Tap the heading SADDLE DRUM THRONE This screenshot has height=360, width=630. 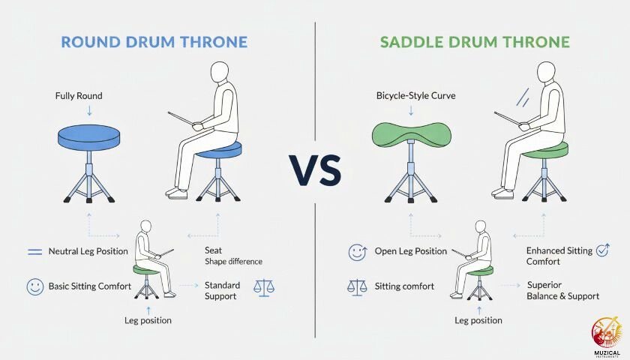point(475,41)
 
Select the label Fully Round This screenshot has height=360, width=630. point(79,97)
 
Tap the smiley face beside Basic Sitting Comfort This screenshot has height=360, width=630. point(34,286)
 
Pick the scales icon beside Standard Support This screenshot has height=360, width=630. point(264,286)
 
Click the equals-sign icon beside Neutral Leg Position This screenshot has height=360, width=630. point(34,252)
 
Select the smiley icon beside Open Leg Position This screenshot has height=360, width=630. point(358,252)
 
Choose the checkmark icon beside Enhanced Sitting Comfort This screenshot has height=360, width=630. point(601,250)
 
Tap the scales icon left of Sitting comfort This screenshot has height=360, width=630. point(357,286)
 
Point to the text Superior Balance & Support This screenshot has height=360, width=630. point(562,291)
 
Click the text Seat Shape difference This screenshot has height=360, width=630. point(233,256)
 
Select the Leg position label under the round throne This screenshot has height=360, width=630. point(148,321)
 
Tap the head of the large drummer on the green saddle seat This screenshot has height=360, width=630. point(546,73)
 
